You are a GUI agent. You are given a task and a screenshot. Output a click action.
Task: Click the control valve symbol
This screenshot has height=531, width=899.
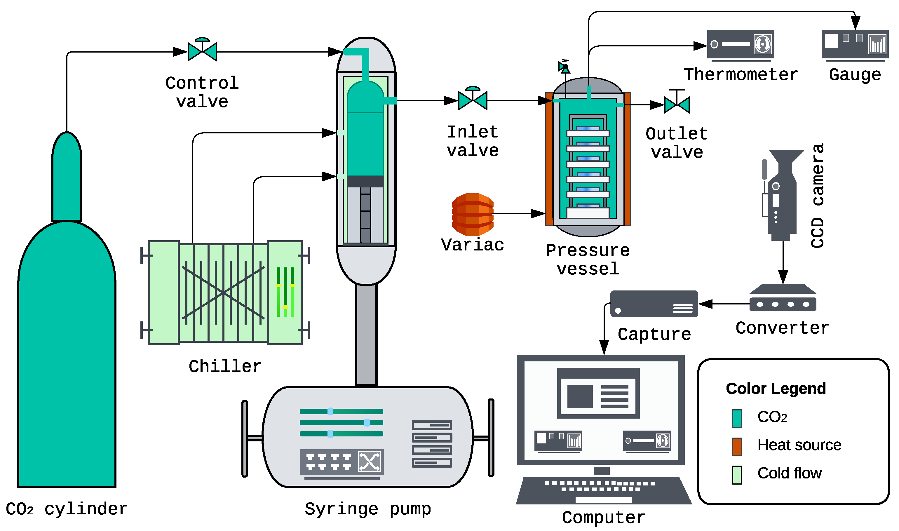(202, 51)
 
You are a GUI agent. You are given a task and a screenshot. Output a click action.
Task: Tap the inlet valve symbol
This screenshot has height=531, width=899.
(473, 100)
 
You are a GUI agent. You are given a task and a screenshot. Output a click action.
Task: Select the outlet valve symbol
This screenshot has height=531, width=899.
(677, 104)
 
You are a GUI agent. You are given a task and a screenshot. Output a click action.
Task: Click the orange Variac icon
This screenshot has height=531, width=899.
(473, 214)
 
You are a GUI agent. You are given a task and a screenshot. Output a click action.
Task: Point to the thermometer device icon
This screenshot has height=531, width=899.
(740, 44)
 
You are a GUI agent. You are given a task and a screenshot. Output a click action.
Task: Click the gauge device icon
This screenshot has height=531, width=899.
(855, 44)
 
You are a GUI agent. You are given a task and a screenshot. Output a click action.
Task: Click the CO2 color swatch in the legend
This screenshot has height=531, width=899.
(737, 418)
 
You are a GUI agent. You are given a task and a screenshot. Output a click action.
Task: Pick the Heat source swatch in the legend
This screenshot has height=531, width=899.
(737, 447)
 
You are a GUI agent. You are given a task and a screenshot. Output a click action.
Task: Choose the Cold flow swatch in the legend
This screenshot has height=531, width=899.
(737, 475)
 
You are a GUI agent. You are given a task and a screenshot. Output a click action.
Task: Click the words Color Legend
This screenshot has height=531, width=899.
(776, 389)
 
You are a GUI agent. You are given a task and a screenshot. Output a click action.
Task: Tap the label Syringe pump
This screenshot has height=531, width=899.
(367, 509)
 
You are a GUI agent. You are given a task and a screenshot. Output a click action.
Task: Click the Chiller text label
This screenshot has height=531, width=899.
(225, 366)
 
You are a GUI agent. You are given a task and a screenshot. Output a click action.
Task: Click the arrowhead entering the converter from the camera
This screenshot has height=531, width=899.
(783, 277)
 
